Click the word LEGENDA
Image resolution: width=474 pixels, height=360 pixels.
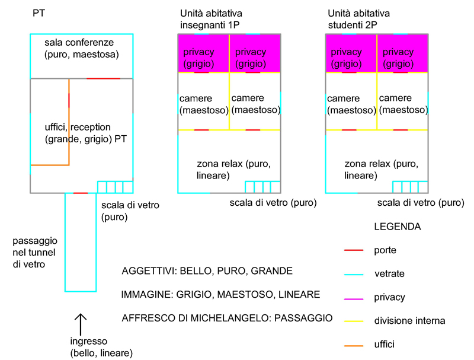pos(398,227)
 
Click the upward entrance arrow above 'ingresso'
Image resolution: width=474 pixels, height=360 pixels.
pos(81,324)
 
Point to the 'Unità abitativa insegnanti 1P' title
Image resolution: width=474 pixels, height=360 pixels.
pos(212,18)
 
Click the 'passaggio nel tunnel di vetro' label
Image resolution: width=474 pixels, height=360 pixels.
pos(36,253)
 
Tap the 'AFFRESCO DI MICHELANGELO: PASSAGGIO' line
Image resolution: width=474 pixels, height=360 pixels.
pos(227,318)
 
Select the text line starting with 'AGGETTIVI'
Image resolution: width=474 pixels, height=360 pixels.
pos(207,271)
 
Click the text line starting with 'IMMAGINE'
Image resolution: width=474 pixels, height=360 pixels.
pos(220,294)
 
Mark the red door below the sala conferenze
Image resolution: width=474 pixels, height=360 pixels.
pos(103,78)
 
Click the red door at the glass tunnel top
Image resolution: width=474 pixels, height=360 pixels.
pos(81,193)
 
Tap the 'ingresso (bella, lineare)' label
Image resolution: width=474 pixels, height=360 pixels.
pos(101,347)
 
